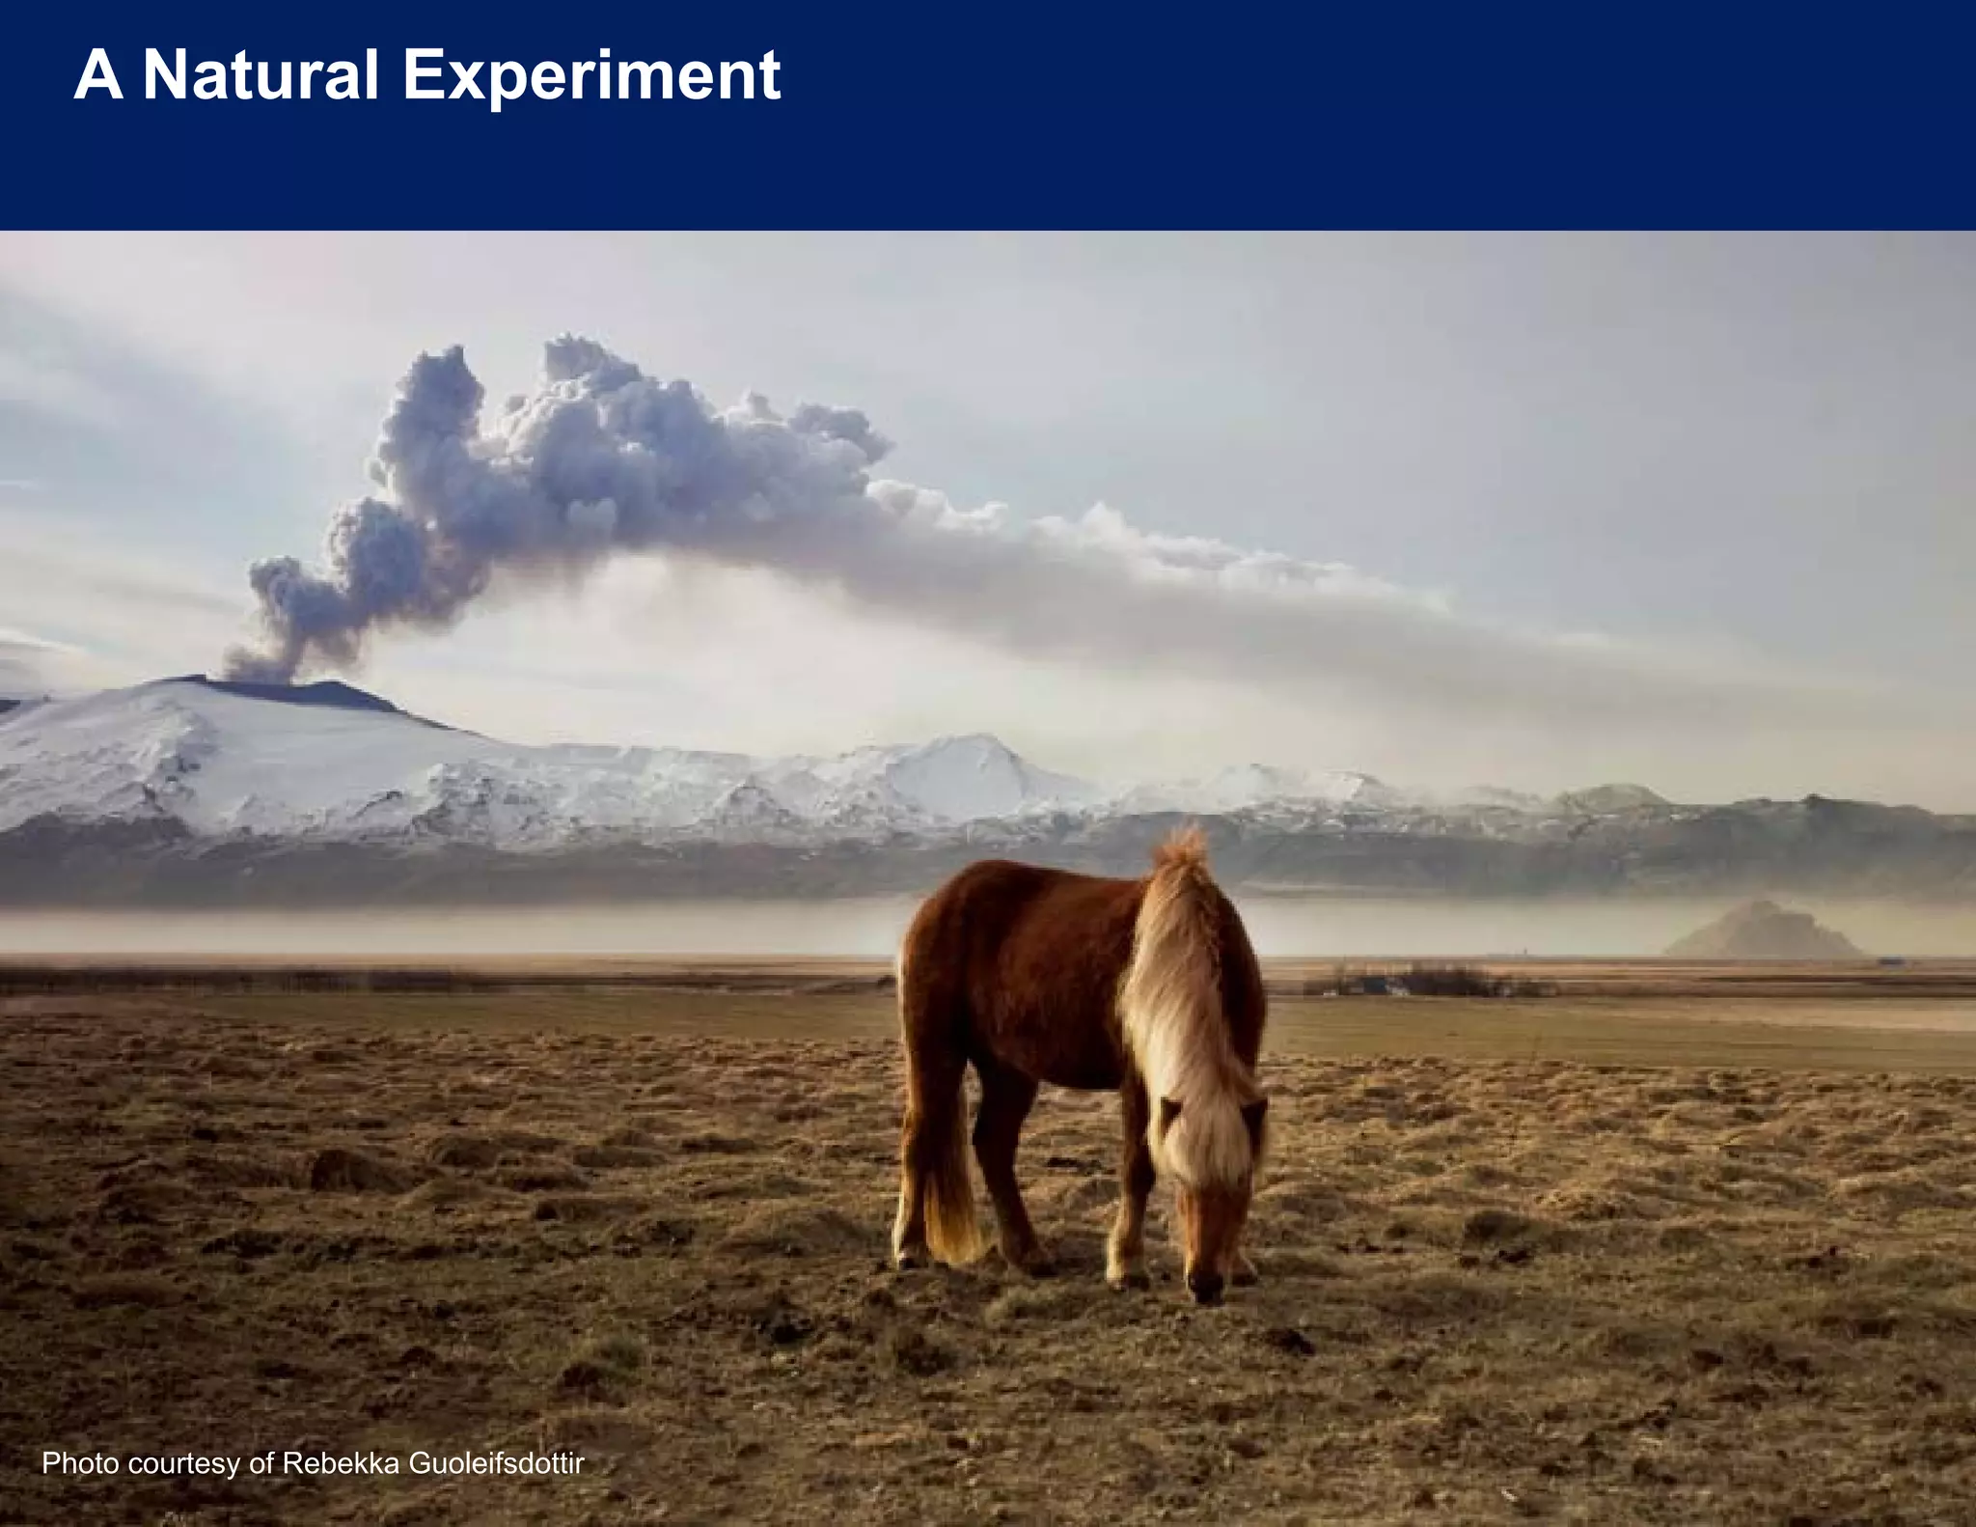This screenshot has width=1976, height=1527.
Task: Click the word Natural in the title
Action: [x=260, y=75]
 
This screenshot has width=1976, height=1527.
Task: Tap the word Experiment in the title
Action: [x=590, y=75]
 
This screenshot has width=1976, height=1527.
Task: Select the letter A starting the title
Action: [x=97, y=75]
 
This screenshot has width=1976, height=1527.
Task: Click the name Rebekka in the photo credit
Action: [x=341, y=1463]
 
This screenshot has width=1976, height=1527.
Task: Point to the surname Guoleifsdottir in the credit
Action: [x=497, y=1463]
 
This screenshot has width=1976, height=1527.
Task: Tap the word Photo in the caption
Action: [x=80, y=1463]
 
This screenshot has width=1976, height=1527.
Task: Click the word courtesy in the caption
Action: [x=183, y=1463]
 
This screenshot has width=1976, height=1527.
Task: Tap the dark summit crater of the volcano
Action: [x=289, y=691]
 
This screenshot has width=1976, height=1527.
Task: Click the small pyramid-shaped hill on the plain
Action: [x=1762, y=931]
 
